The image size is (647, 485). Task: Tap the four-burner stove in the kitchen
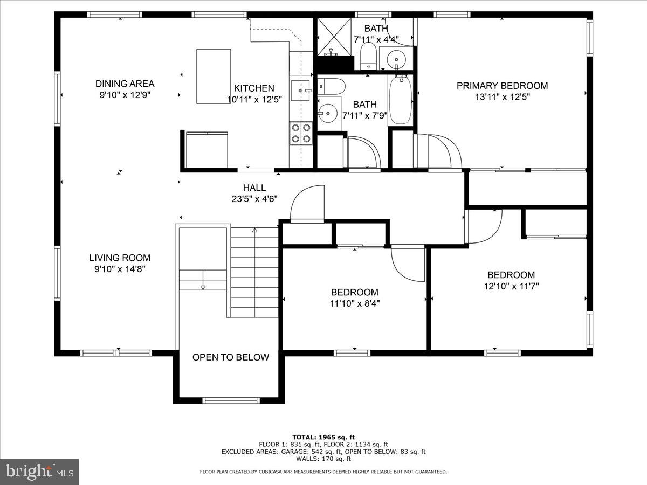pos(301,133)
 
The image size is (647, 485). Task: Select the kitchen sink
pos(300,91)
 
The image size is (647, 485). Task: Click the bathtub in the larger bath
pos(400,100)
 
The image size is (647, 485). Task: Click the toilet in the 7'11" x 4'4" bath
pos(368,55)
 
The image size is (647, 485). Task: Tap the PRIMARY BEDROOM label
pos(502,85)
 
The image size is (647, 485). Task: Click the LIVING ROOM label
pos(120,258)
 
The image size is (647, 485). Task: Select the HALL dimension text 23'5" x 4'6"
pos(254,199)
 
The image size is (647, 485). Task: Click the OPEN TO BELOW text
pos(230,357)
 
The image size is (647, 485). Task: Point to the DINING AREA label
pos(125,84)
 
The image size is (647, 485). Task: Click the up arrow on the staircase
pos(254,231)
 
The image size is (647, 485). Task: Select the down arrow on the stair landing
pos(203,287)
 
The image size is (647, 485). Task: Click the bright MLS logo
pos(39,472)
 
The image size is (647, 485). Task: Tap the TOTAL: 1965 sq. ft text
pos(323,436)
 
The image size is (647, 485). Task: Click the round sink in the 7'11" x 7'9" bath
pos(326,113)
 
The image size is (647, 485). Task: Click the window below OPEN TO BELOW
pos(230,400)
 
